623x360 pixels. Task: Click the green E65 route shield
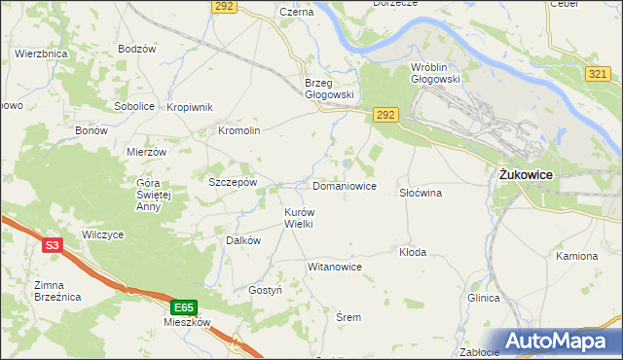pos(185,306)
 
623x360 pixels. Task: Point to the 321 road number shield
pos(600,74)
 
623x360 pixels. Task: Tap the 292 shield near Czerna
pos(223,7)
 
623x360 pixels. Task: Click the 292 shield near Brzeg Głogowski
pos(385,115)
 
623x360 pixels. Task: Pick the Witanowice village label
pos(334,267)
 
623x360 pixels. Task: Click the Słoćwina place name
pos(421,193)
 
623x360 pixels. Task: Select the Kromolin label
pos(238,130)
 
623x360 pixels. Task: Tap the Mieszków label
pos(188,322)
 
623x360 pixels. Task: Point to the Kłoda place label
pos(413,252)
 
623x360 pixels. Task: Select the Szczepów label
pos(233,181)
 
